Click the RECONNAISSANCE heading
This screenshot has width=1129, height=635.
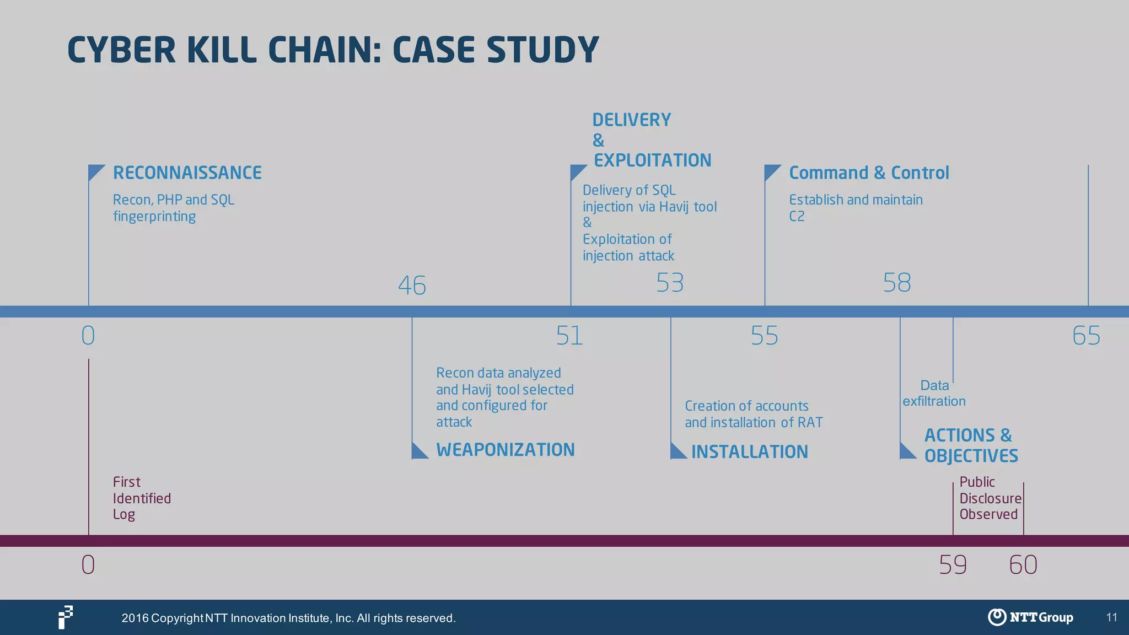(x=187, y=173)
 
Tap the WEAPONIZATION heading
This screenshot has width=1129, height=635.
(x=505, y=450)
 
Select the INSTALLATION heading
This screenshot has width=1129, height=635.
(x=749, y=452)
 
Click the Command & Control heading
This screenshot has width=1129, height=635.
(x=869, y=173)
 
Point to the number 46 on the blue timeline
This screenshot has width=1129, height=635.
(x=412, y=286)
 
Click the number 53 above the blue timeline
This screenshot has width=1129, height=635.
(x=670, y=283)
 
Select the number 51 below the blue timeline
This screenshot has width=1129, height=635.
(x=569, y=336)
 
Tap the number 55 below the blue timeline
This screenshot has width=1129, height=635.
(x=764, y=336)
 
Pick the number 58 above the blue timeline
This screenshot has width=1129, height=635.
(x=897, y=283)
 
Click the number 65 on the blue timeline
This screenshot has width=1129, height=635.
(x=1086, y=336)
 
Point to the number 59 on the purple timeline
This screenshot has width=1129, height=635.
(x=953, y=565)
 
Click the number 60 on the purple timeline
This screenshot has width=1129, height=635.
(x=1023, y=565)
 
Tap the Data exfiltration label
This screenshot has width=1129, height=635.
(x=934, y=393)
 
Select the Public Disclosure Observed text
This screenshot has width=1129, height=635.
(x=990, y=498)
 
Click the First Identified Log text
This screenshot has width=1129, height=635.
(x=141, y=498)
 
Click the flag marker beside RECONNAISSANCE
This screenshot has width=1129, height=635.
(x=95, y=172)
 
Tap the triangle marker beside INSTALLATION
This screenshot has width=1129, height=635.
(x=677, y=451)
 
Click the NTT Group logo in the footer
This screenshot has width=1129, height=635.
(x=1030, y=617)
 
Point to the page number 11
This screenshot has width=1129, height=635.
(x=1111, y=617)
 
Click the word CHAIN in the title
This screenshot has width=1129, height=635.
(x=325, y=50)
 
